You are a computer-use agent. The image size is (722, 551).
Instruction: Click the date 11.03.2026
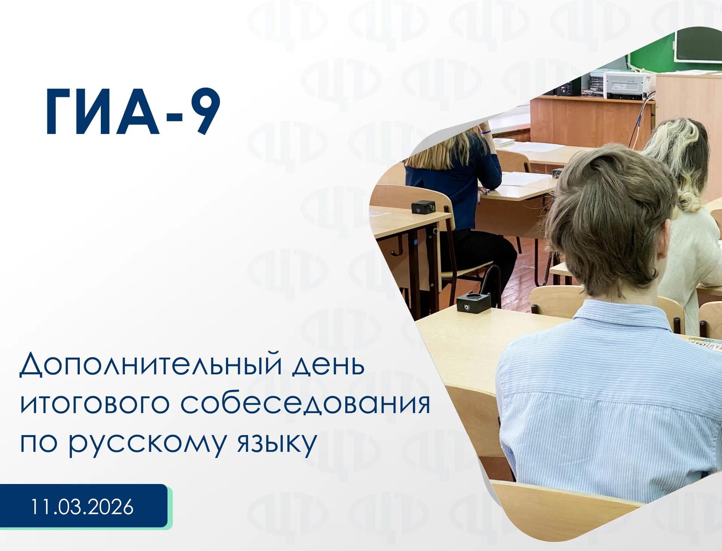coord(82,507)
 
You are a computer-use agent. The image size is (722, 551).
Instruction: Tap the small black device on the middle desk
coord(423,207)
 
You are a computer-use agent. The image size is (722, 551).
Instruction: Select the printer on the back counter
coord(626,85)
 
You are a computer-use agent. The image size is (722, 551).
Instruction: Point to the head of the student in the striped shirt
coord(609,214)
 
